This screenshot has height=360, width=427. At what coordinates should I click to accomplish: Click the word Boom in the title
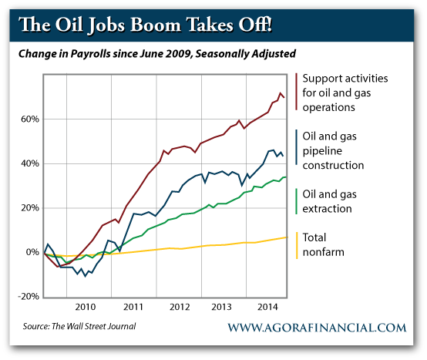155,25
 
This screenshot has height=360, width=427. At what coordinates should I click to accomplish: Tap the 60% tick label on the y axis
30,119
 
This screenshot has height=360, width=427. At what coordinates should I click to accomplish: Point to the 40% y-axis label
30,163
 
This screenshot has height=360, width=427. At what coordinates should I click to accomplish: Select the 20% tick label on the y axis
30,208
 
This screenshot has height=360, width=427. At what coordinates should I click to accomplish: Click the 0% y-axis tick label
32,252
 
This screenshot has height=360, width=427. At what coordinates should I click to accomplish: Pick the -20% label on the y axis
29,296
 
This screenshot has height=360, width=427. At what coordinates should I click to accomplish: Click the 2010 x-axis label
86,307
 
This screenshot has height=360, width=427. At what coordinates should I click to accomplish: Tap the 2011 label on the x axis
133,307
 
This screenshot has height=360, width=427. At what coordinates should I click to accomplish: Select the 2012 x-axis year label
180,307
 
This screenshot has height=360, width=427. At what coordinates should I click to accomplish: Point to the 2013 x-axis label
221,307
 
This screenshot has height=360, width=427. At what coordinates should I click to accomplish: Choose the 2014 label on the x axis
267,307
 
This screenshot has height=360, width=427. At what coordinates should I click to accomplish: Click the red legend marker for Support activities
296,92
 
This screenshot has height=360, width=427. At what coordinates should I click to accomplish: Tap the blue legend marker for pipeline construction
296,147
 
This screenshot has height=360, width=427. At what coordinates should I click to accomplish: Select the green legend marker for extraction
296,201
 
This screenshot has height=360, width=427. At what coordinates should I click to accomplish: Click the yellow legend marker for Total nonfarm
297,245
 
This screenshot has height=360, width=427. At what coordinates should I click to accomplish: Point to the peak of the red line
281,93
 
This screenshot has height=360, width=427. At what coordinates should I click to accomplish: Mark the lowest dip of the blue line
86,277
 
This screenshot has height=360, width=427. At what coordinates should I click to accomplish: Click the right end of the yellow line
287,237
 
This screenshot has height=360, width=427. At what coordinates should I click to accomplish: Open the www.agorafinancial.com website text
317,328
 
